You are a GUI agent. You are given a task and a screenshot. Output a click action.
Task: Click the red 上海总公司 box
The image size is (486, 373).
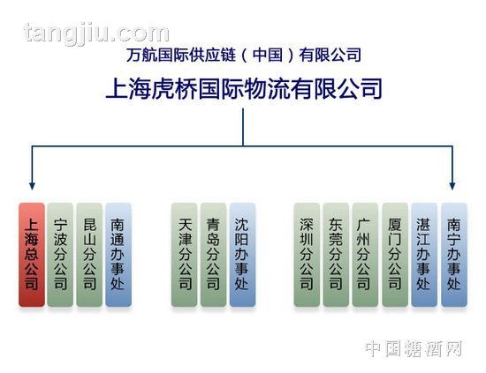(x=32, y=255)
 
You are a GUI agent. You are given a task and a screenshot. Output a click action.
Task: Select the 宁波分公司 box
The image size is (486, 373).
(x=60, y=255)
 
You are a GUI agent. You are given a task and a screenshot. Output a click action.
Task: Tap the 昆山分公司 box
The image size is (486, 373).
(x=89, y=255)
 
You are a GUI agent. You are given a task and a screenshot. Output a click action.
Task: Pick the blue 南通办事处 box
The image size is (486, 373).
(x=118, y=255)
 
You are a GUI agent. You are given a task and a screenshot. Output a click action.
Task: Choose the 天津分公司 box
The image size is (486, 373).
(x=185, y=255)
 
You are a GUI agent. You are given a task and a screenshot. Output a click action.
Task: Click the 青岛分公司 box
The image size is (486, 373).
(x=214, y=255)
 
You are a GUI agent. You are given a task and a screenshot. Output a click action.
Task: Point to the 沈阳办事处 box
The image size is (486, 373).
(x=243, y=255)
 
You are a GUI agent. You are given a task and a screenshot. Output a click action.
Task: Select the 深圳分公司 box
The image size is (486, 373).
(x=307, y=255)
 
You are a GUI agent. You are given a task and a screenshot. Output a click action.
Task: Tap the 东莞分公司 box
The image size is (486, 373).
(x=336, y=255)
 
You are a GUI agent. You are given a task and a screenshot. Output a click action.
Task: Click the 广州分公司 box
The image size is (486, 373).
(x=365, y=255)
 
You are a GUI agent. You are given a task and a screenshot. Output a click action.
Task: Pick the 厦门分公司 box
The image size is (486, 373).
(x=395, y=255)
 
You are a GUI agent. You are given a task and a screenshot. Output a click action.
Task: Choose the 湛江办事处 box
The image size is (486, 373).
(x=424, y=255)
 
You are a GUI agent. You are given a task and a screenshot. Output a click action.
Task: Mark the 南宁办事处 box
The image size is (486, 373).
(x=454, y=255)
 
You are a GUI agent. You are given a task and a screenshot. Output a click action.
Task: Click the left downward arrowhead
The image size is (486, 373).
(x=32, y=185)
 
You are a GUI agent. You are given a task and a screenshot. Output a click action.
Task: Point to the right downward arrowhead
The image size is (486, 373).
(x=452, y=185)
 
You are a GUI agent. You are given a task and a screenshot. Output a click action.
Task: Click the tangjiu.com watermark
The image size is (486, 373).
(x=96, y=34)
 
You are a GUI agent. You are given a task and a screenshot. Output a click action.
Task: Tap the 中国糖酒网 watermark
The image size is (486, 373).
(x=414, y=348)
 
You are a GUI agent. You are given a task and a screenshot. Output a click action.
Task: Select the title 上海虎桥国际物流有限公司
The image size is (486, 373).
(x=244, y=89)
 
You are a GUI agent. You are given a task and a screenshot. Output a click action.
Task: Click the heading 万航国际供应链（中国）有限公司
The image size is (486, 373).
(x=244, y=55)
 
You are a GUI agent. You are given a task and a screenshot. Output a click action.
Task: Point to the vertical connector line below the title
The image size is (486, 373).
(x=243, y=127)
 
